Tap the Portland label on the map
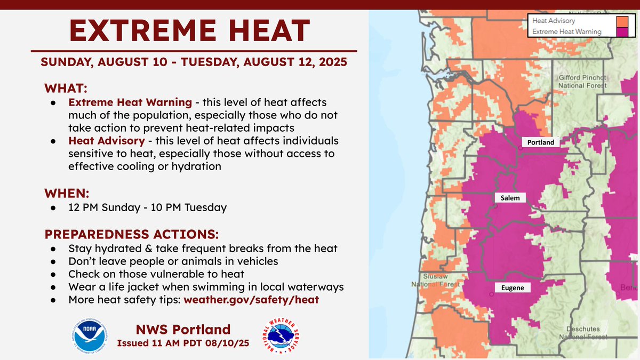(x=540, y=142)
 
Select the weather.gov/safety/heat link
(x=251, y=300)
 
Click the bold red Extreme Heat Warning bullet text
(x=130, y=102)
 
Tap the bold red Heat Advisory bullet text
(x=106, y=141)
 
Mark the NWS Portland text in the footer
(x=183, y=329)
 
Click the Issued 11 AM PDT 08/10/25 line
(x=183, y=343)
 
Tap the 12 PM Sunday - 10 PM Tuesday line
(x=148, y=207)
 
